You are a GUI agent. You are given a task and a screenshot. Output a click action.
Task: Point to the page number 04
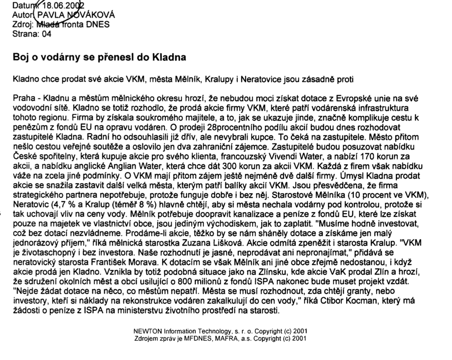(x=47, y=34)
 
